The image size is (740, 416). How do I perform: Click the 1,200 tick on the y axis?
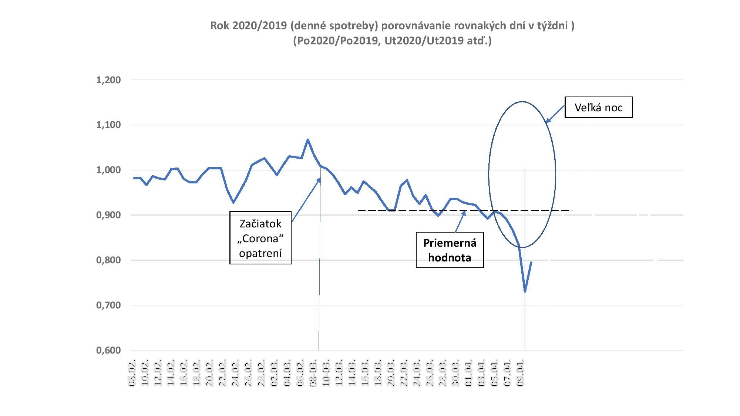coord(108,80)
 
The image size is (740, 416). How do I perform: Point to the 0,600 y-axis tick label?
coord(108,350)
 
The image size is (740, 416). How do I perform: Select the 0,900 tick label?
coord(108,215)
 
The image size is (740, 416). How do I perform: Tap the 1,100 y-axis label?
coord(108,125)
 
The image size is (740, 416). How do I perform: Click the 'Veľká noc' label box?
coord(598,108)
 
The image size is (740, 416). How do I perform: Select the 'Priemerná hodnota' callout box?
coord(450,250)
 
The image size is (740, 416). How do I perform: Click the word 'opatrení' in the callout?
coord(260,253)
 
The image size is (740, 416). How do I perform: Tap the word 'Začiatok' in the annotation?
coord(260,224)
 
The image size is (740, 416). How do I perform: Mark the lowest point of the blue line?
coord(525,292)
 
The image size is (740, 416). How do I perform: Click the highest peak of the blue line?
coord(308,140)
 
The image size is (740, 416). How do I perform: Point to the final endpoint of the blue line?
coord(531,262)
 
